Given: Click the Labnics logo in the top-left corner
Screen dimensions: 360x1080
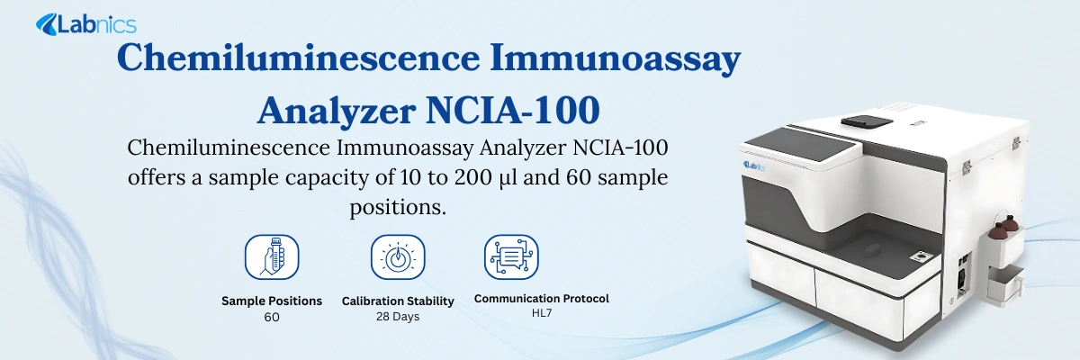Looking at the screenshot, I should pyautogui.click(x=85, y=25).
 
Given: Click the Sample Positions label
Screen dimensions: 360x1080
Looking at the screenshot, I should pyautogui.click(x=272, y=301).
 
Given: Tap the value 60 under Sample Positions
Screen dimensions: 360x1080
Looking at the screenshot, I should pyautogui.click(x=272, y=317).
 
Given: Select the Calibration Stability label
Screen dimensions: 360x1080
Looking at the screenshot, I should pyautogui.click(x=398, y=301).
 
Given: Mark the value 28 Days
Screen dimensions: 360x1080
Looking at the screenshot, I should pyautogui.click(x=398, y=316).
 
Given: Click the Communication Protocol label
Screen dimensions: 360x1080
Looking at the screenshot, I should pyautogui.click(x=542, y=298).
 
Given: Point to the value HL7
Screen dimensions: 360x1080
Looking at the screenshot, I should pyautogui.click(x=542, y=313).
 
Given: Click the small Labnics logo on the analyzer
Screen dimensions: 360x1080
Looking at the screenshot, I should pyautogui.click(x=754, y=165).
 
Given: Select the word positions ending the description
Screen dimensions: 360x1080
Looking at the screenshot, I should pyautogui.click(x=398, y=207).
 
